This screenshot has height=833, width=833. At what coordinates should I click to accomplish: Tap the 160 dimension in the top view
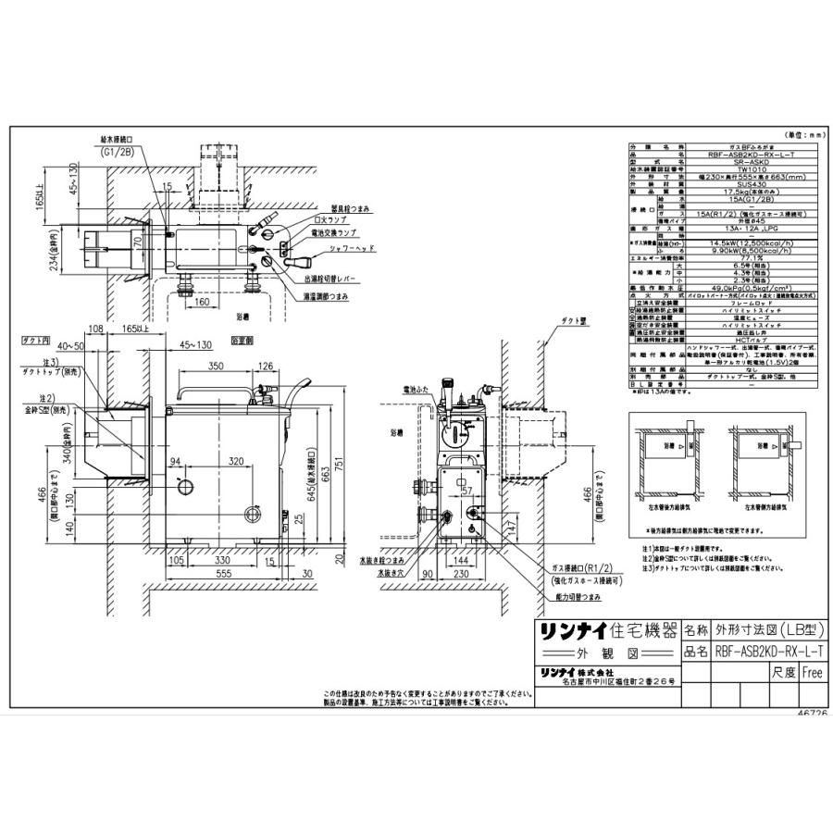click(202, 301)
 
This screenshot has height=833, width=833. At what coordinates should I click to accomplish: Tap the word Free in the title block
click(812, 673)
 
